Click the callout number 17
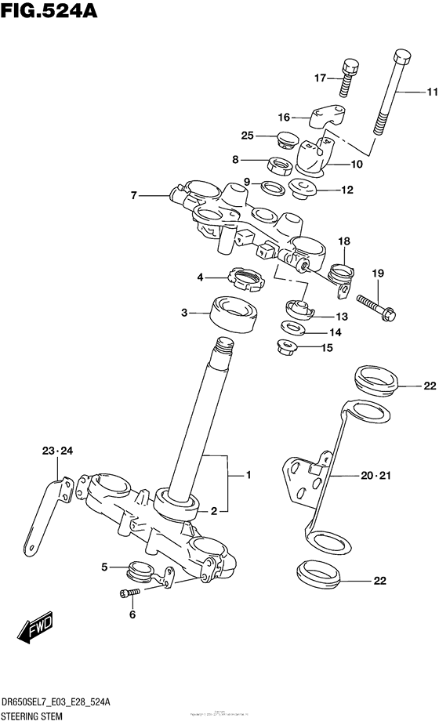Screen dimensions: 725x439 coord(320,78)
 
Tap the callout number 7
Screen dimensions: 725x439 coord(134,194)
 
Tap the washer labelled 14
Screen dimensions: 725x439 coord(294,328)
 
